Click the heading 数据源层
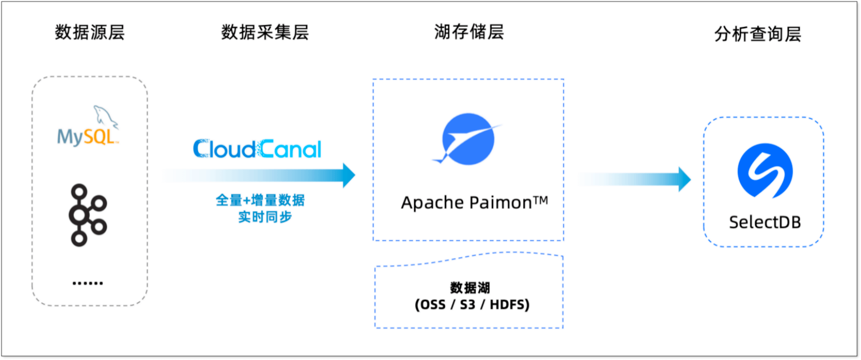[x=90, y=32]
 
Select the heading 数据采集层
[x=265, y=32]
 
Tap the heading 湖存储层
[x=469, y=32]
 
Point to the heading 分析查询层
[x=757, y=34]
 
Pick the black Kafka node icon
[x=88, y=215]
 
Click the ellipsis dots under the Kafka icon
[x=88, y=283]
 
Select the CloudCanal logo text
[x=257, y=149]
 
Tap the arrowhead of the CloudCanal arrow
[x=349, y=175]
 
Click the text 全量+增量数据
[x=260, y=200]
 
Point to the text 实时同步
[x=265, y=217]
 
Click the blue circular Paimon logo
[x=468, y=139]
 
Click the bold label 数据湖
[x=470, y=288]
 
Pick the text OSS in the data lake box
[x=433, y=305]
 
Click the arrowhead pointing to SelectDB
[x=684, y=179]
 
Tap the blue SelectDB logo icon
[x=765, y=170]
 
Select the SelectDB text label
[x=764, y=222]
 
